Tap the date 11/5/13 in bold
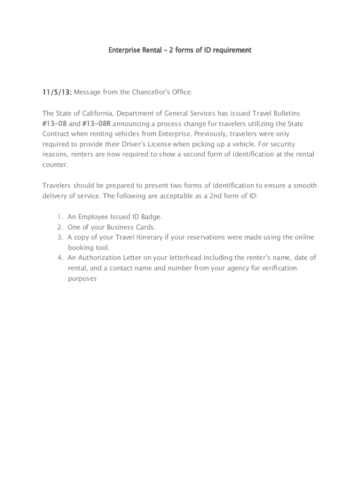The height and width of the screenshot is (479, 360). (x=57, y=92)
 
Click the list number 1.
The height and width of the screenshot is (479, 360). (x=60, y=217)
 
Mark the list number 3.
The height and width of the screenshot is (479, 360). (x=60, y=237)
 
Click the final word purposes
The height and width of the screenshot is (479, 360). (x=82, y=278)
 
